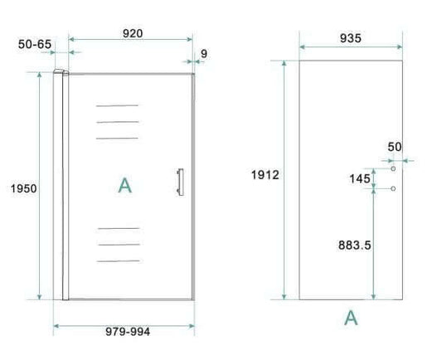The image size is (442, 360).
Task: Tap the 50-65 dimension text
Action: (35, 44)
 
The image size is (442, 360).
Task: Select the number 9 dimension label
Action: (204, 54)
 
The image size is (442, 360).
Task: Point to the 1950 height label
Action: (23, 188)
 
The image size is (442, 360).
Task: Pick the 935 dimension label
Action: (351, 38)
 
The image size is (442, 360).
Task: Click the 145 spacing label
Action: (359, 178)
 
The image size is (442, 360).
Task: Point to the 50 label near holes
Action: (394, 147)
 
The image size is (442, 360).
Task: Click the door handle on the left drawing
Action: (177, 183)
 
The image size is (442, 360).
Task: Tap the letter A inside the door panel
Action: (124, 185)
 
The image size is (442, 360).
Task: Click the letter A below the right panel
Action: (351, 317)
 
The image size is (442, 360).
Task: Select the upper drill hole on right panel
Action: (394, 168)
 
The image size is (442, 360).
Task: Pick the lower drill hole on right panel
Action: (394, 188)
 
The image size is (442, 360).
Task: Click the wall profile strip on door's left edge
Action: (61, 187)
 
